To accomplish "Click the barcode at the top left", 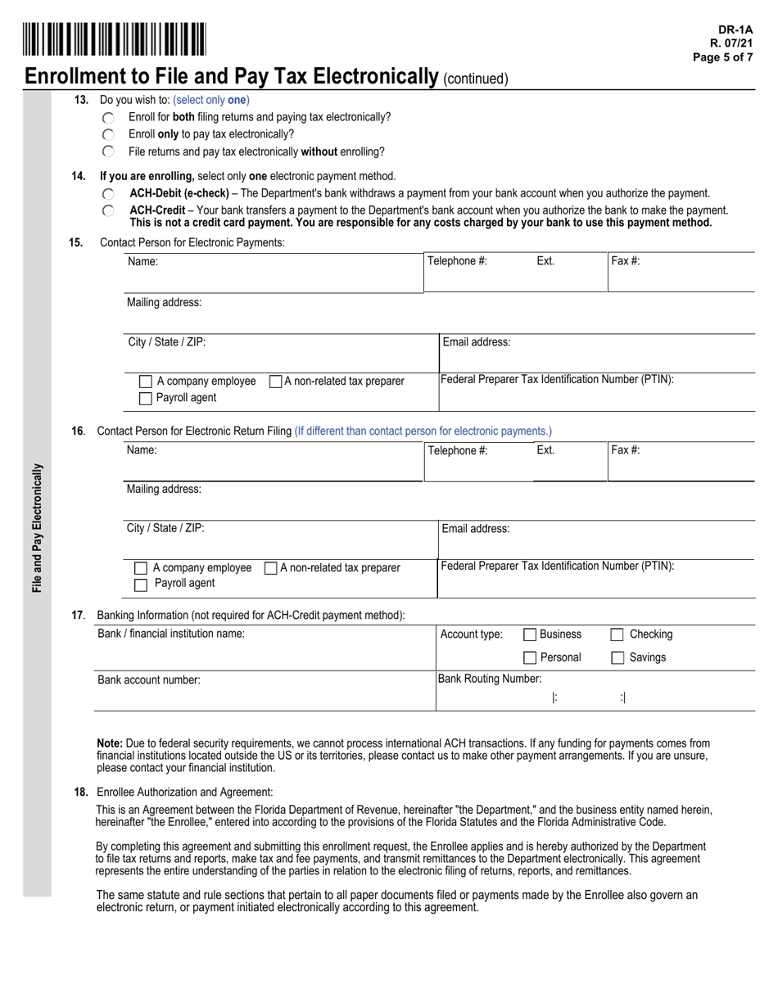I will (x=115, y=39).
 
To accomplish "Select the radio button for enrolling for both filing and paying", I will (x=109, y=118).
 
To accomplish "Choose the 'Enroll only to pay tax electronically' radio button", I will (x=109, y=134).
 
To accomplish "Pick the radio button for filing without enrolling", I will (x=109, y=151).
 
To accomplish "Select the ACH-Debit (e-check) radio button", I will (x=109, y=194).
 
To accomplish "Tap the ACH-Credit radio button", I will (x=109, y=211).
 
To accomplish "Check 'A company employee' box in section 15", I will (x=146, y=382).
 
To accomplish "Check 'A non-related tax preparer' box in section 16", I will (x=270, y=568).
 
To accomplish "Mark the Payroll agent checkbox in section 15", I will (x=146, y=399).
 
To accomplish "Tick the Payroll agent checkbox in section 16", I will (x=141, y=585).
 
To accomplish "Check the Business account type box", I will (x=530, y=634).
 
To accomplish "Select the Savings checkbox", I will (x=617, y=658).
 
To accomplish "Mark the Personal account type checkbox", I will (x=530, y=658).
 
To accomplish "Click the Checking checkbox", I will (x=617, y=634).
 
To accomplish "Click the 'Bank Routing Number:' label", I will (x=490, y=679).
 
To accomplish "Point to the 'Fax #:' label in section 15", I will (x=626, y=261).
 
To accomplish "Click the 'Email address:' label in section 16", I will (x=476, y=529).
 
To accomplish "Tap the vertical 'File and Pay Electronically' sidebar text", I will (x=38, y=528).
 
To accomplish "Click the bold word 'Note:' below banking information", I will (x=110, y=743).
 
